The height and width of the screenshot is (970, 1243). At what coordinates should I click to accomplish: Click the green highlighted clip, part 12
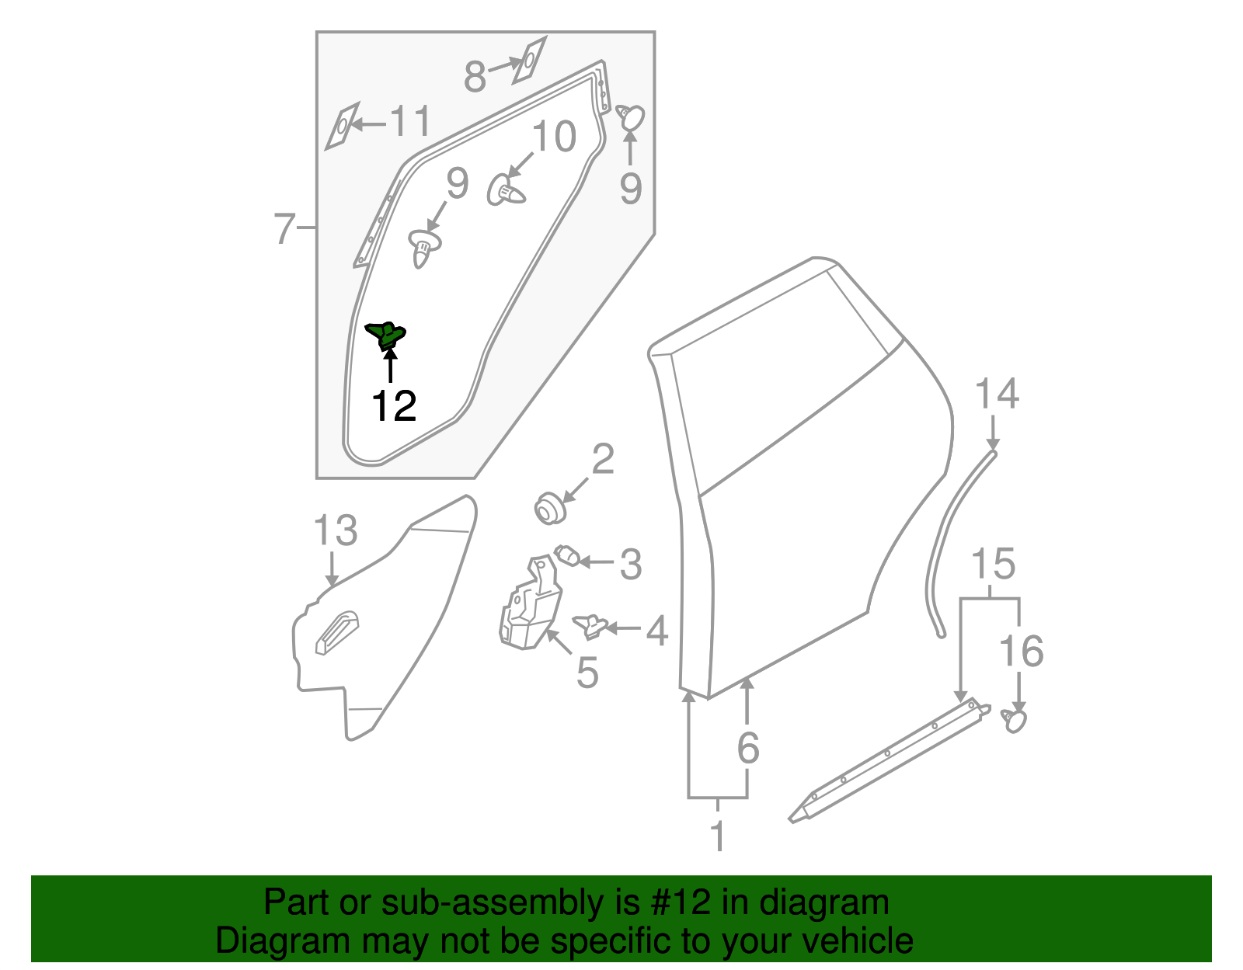point(387,336)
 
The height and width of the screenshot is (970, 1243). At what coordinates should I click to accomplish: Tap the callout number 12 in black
point(395,406)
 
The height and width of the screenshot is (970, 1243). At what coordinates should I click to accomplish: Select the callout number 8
point(475,77)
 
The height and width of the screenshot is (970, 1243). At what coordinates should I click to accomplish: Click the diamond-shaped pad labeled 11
point(342,125)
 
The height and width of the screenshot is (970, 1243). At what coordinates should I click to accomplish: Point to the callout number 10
point(554,137)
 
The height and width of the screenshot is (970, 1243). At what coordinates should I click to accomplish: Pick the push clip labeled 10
point(505,190)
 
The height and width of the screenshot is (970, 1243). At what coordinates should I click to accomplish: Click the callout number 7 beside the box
point(285,228)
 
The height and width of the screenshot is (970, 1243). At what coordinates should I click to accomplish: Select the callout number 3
point(631,564)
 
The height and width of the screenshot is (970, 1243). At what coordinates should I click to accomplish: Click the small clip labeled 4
point(591,625)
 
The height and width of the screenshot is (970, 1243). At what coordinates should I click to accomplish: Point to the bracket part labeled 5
point(530,606)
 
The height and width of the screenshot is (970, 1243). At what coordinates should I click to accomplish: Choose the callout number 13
point(335,531)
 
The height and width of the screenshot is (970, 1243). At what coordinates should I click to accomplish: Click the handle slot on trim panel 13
point(337,632)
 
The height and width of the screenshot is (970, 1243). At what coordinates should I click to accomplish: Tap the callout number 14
point(997,395)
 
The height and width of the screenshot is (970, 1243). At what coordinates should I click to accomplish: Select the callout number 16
point(1021,651)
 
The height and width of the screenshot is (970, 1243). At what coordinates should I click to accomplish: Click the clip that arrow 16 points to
point(1015,720)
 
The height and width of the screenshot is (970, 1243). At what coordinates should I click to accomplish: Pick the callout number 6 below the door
point(747,748)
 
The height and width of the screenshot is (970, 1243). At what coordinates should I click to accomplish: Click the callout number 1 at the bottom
point(719,836)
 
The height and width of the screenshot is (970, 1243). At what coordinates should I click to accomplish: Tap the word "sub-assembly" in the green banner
point(489,903)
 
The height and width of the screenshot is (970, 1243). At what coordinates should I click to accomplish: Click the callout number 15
point(994,564)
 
